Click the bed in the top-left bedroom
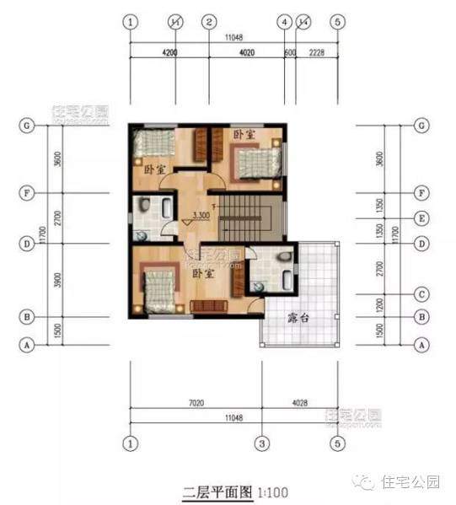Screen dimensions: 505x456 152,143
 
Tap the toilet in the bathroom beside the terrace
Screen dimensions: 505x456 285,255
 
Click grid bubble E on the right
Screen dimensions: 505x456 421,218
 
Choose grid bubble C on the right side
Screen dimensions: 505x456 421,294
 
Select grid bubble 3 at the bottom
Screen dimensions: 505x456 262,443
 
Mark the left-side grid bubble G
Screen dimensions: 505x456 28,126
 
